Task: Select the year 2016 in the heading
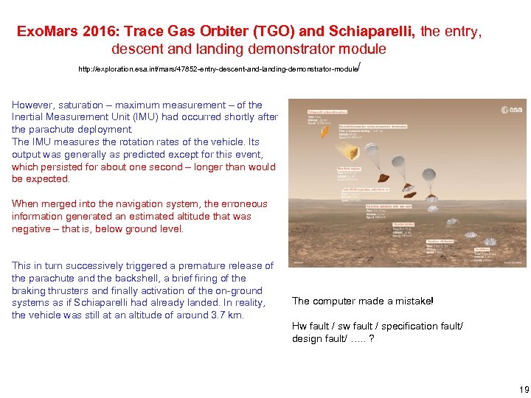[99, 32]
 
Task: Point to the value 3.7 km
[227, 315]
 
